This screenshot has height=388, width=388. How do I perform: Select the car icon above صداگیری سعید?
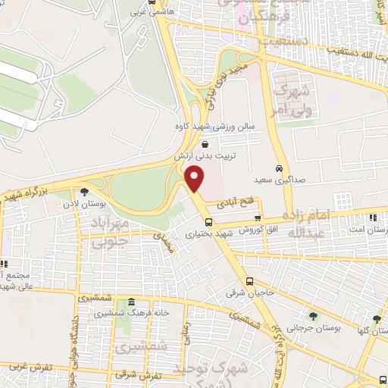[280, 168]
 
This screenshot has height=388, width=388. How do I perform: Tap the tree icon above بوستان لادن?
[85, 192]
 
